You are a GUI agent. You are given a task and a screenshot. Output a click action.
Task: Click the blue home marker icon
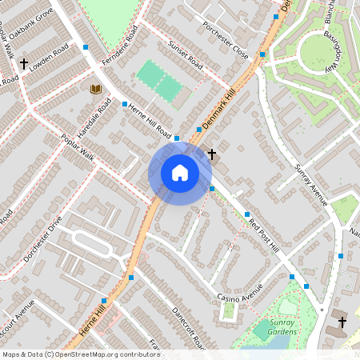[x=180, y=173]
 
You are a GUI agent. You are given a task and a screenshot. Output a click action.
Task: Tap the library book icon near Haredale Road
[x=96, y=89]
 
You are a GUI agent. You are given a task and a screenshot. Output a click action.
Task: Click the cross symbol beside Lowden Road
[x=24, y=62]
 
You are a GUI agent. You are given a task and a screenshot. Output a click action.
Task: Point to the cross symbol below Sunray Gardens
[x=342, y=322]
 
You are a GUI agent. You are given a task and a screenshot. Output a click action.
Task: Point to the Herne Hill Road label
[x=150, y=122]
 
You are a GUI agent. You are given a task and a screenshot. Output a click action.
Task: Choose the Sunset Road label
[x=185, y=53]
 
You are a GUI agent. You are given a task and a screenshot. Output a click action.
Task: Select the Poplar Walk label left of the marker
[x=78, y=147]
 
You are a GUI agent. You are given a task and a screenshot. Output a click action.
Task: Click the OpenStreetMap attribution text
[x=81, y=354]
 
